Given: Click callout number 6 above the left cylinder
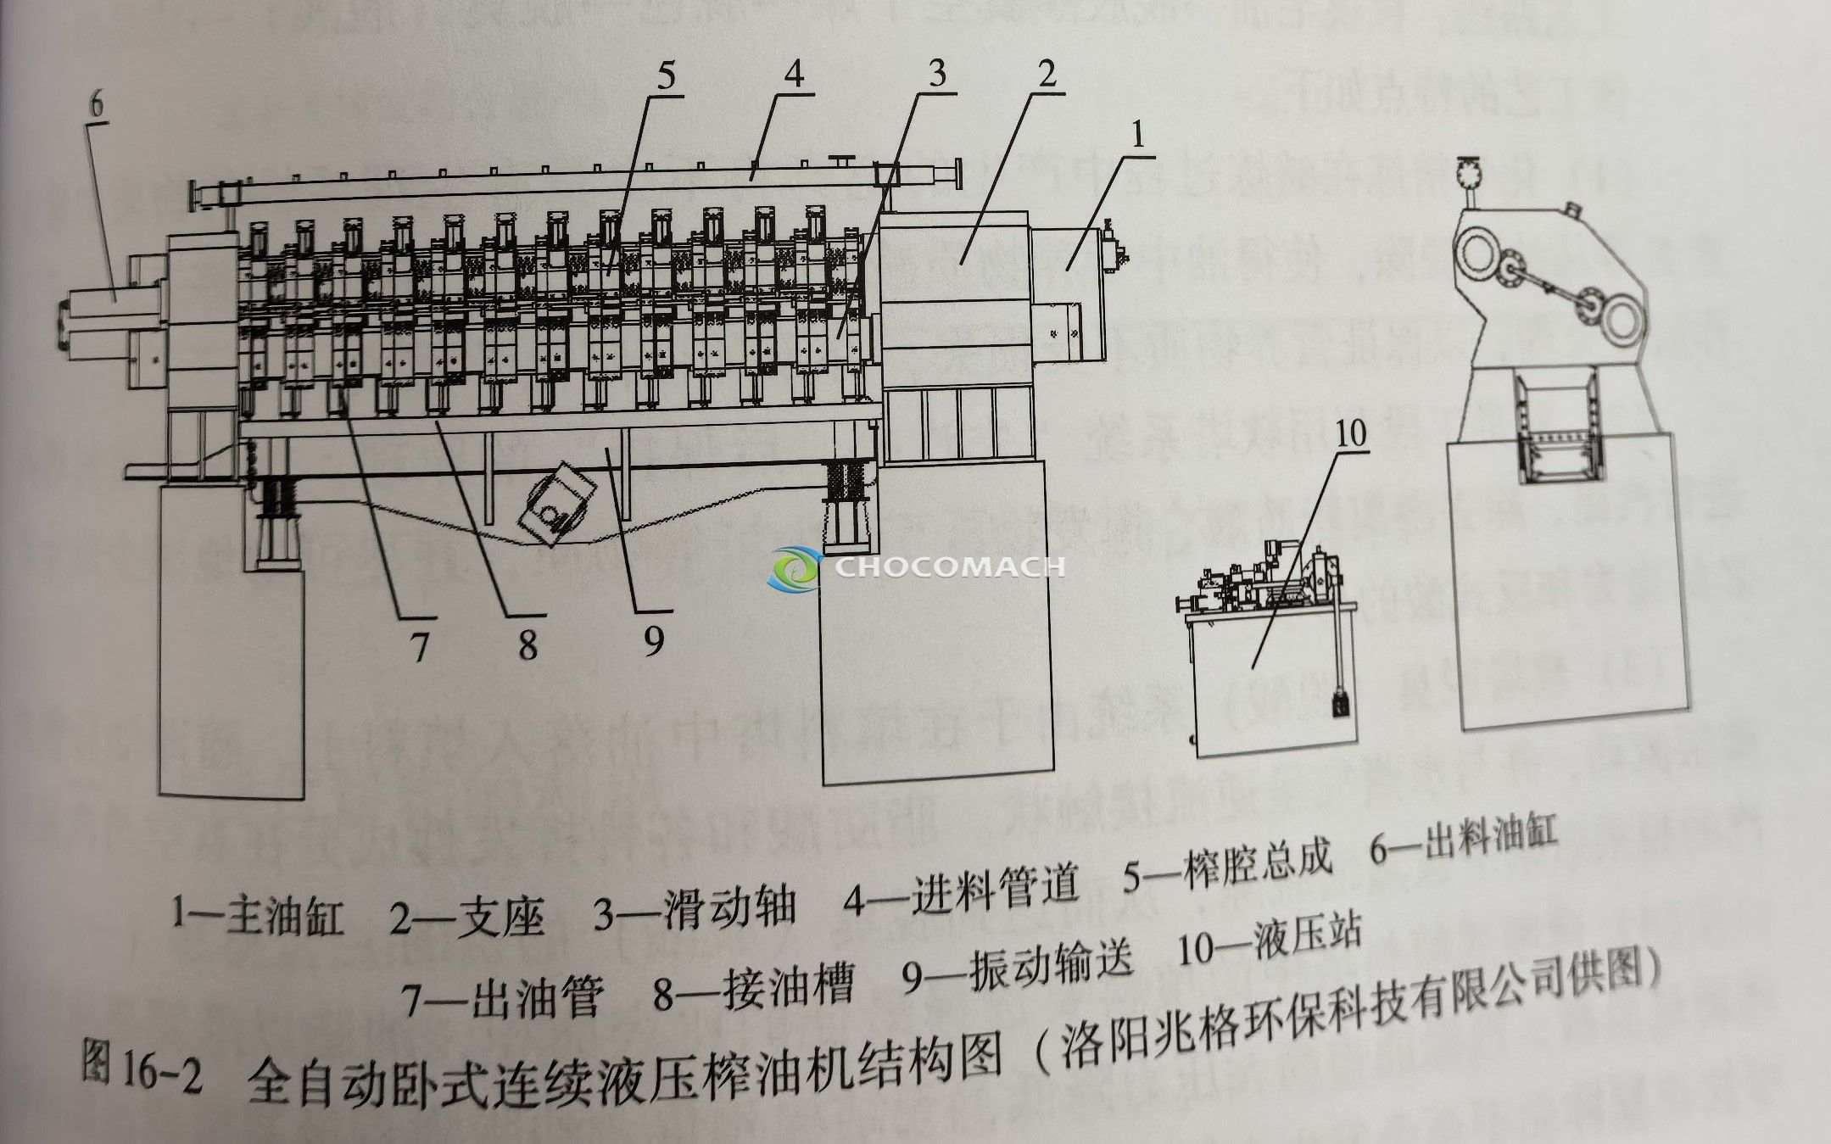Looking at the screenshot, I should point(96,107).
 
